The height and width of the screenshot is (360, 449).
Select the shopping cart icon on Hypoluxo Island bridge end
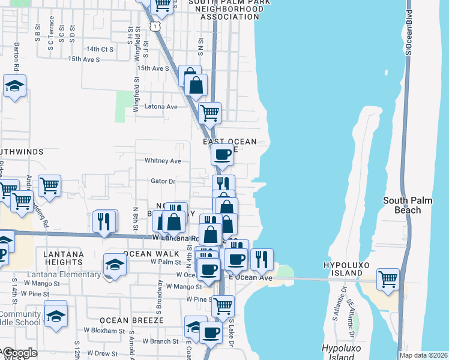[x=388, y=278]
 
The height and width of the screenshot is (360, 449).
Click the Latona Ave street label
[x=161, y=107]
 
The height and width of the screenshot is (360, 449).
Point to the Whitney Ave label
[x=163, y=161]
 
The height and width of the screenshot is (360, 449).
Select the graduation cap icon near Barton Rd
[x=14, y=86]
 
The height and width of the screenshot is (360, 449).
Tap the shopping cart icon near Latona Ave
[x=209, y=112]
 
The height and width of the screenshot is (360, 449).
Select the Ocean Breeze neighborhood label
[x=131, y=320]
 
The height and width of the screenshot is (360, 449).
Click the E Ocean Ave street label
[x=250, y=278]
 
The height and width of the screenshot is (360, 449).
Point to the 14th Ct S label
[x=100, y=49]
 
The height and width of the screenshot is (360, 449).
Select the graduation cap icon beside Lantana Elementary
[x=115, y=264]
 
